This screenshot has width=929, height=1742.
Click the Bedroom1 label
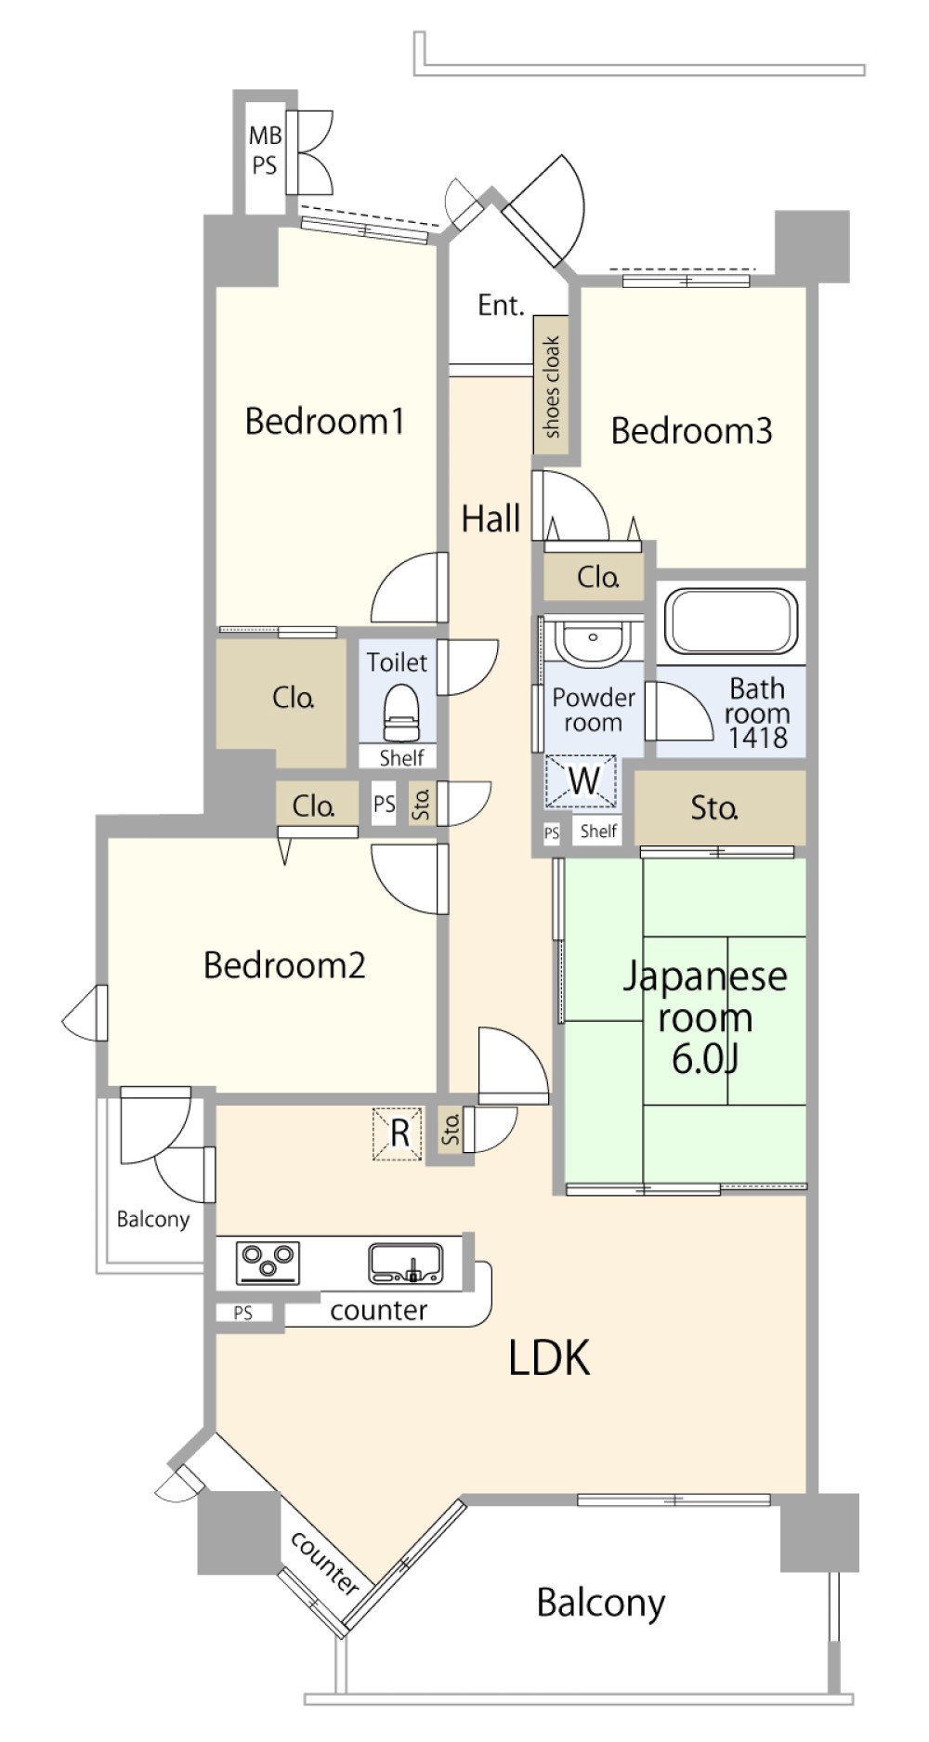point(324,421)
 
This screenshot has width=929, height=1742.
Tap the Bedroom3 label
point(691,430)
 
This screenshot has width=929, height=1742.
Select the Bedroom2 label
point(284,965)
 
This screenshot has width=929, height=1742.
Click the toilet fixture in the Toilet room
point(401,711)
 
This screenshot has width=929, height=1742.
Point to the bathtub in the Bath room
point(731,620)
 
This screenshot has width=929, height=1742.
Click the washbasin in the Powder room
point(592,640)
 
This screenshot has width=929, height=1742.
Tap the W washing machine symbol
point(582,781)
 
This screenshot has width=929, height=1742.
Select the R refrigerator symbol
point(399,1133)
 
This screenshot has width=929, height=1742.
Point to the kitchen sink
point(406,1264)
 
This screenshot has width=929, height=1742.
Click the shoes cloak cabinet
point(551,386)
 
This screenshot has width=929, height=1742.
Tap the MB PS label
point(265,151)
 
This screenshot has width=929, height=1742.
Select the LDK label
point(549,1357)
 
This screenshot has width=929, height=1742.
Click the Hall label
point(491,517)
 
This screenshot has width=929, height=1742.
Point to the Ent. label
point(501,305)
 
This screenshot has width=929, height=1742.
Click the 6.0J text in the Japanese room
point(704,1058)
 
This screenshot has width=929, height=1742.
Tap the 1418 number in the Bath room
point(757,738)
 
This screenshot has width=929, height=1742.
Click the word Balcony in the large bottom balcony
point(601,1603)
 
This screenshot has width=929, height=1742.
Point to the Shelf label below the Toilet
point(401,757)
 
